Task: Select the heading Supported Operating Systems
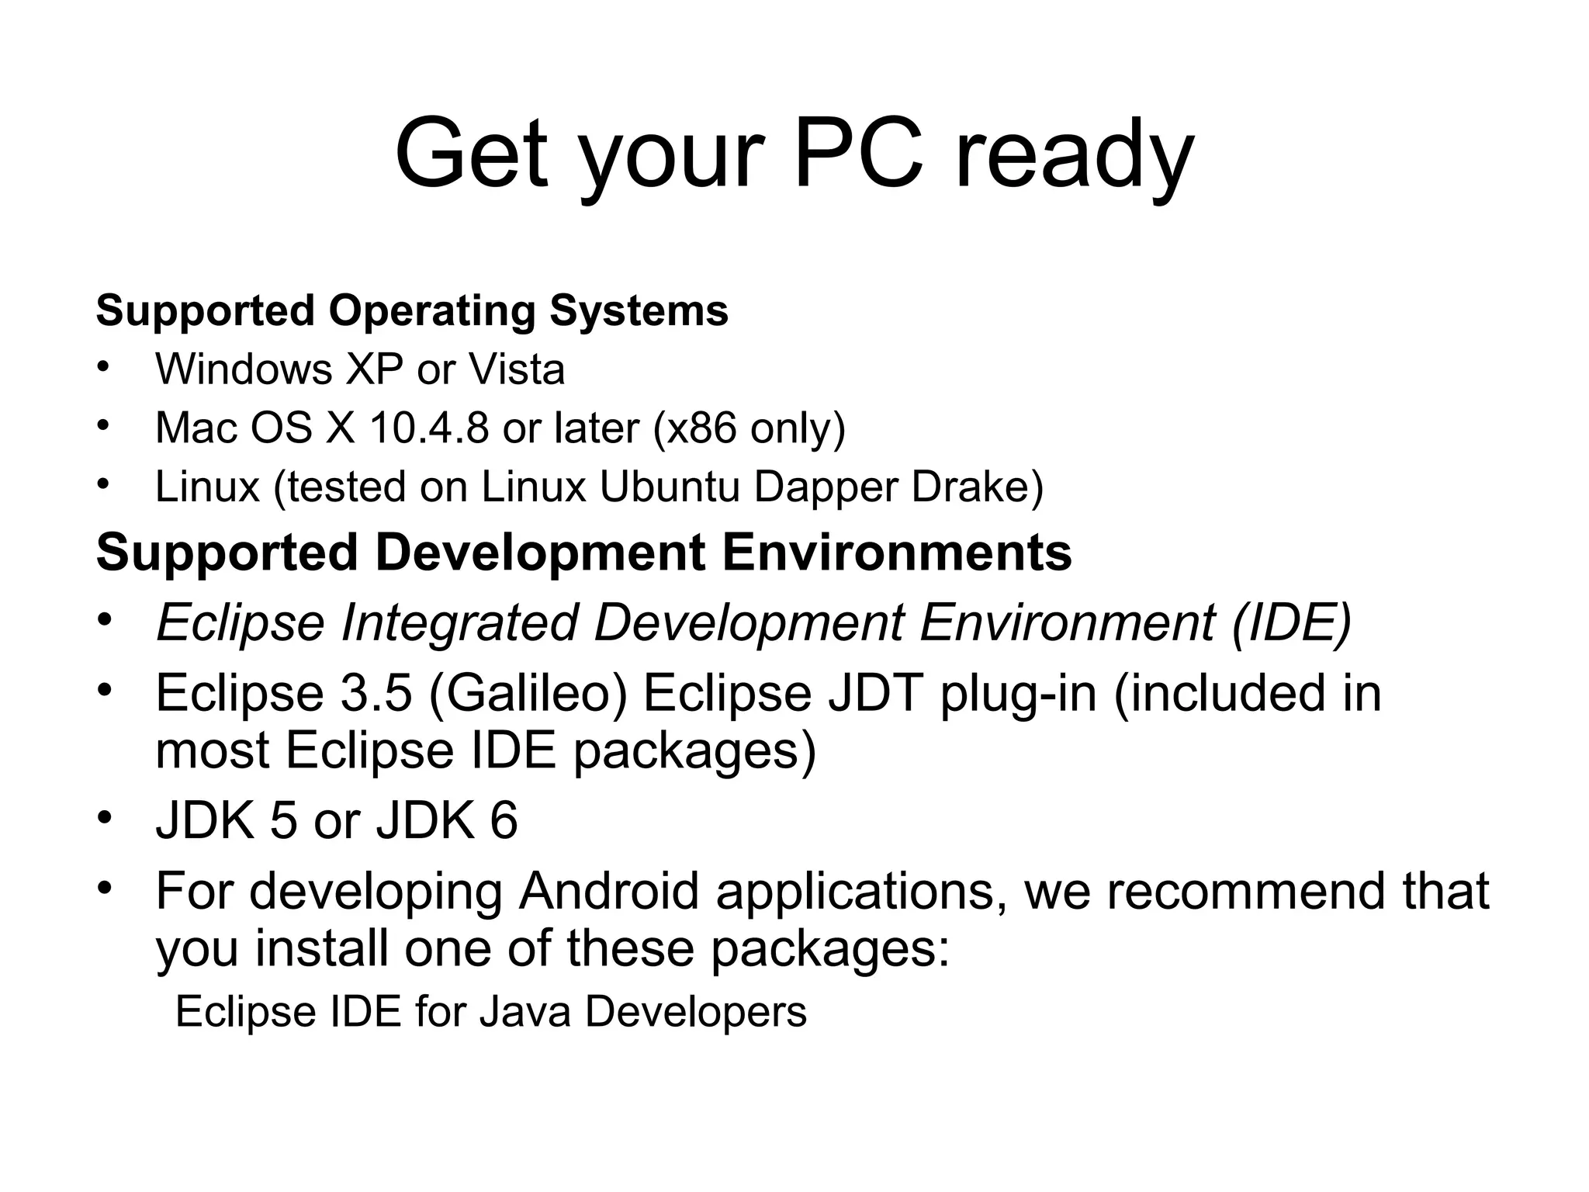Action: (412, 310)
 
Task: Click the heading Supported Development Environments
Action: (583, 553)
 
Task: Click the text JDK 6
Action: (447, 820)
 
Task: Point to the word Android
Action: (609, 891)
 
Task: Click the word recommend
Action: (1245, 891)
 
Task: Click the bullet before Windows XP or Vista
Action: (104, 367)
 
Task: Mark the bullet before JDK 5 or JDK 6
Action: (106, 817)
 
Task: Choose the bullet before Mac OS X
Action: (104, 425)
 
